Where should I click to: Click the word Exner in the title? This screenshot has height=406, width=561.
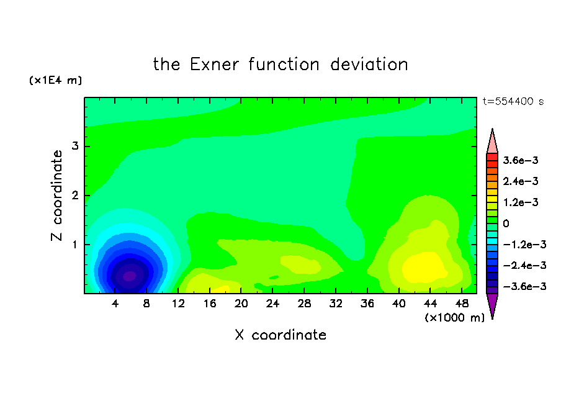[214, 65]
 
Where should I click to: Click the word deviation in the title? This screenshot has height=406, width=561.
[369, 65]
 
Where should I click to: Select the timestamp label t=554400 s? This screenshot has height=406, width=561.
[513, 102]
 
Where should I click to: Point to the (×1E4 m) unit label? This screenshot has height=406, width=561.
[55, 80]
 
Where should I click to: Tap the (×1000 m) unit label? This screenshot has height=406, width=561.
[454, 318]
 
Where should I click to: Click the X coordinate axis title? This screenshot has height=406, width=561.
[280, 335]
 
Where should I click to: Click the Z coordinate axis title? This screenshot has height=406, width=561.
[56, 196]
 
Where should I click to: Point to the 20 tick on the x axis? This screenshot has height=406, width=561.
[241, 304]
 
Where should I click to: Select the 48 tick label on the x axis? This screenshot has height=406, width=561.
[462, 304]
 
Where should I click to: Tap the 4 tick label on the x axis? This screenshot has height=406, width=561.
[114, 304]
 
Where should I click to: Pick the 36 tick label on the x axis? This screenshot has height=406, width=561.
[367, 304]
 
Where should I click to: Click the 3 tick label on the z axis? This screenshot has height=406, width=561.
[75, 146]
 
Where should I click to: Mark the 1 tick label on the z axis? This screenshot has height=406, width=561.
[75, 245]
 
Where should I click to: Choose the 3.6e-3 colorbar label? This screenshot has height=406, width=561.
[521, 160]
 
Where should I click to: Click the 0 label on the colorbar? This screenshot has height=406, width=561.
[506, 223]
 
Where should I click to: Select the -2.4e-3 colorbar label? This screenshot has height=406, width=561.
[524, 266]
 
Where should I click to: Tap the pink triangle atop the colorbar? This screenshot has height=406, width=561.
[492, 143]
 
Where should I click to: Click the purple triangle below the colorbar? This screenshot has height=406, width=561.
[492, 304]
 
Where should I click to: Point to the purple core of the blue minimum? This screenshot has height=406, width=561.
[130, 276]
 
